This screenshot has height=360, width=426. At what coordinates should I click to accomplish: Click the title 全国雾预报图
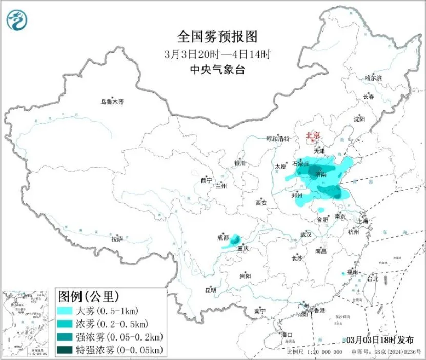click(x=216, y=36)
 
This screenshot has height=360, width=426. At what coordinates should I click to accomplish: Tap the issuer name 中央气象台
click(x=216, y=70)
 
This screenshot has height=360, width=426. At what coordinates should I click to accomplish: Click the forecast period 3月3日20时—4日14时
click(x=216, y=53)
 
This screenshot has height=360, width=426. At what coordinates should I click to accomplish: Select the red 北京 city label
click(x=313, y=135)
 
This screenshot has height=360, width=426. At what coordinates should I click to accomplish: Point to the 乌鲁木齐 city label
click(x=112, y=102)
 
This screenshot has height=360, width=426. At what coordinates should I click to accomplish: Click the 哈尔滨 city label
click(x=373, y=77)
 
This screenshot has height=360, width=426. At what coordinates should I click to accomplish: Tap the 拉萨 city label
click(x=117, y=238)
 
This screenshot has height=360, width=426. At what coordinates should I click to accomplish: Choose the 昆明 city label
click(x=211, y=290)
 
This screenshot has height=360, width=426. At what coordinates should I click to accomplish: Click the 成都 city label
click(x=223, y=237)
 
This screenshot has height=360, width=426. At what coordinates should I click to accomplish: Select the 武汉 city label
click(x=306, y=234)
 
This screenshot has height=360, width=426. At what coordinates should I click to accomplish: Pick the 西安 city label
click(x=261, y=203)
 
